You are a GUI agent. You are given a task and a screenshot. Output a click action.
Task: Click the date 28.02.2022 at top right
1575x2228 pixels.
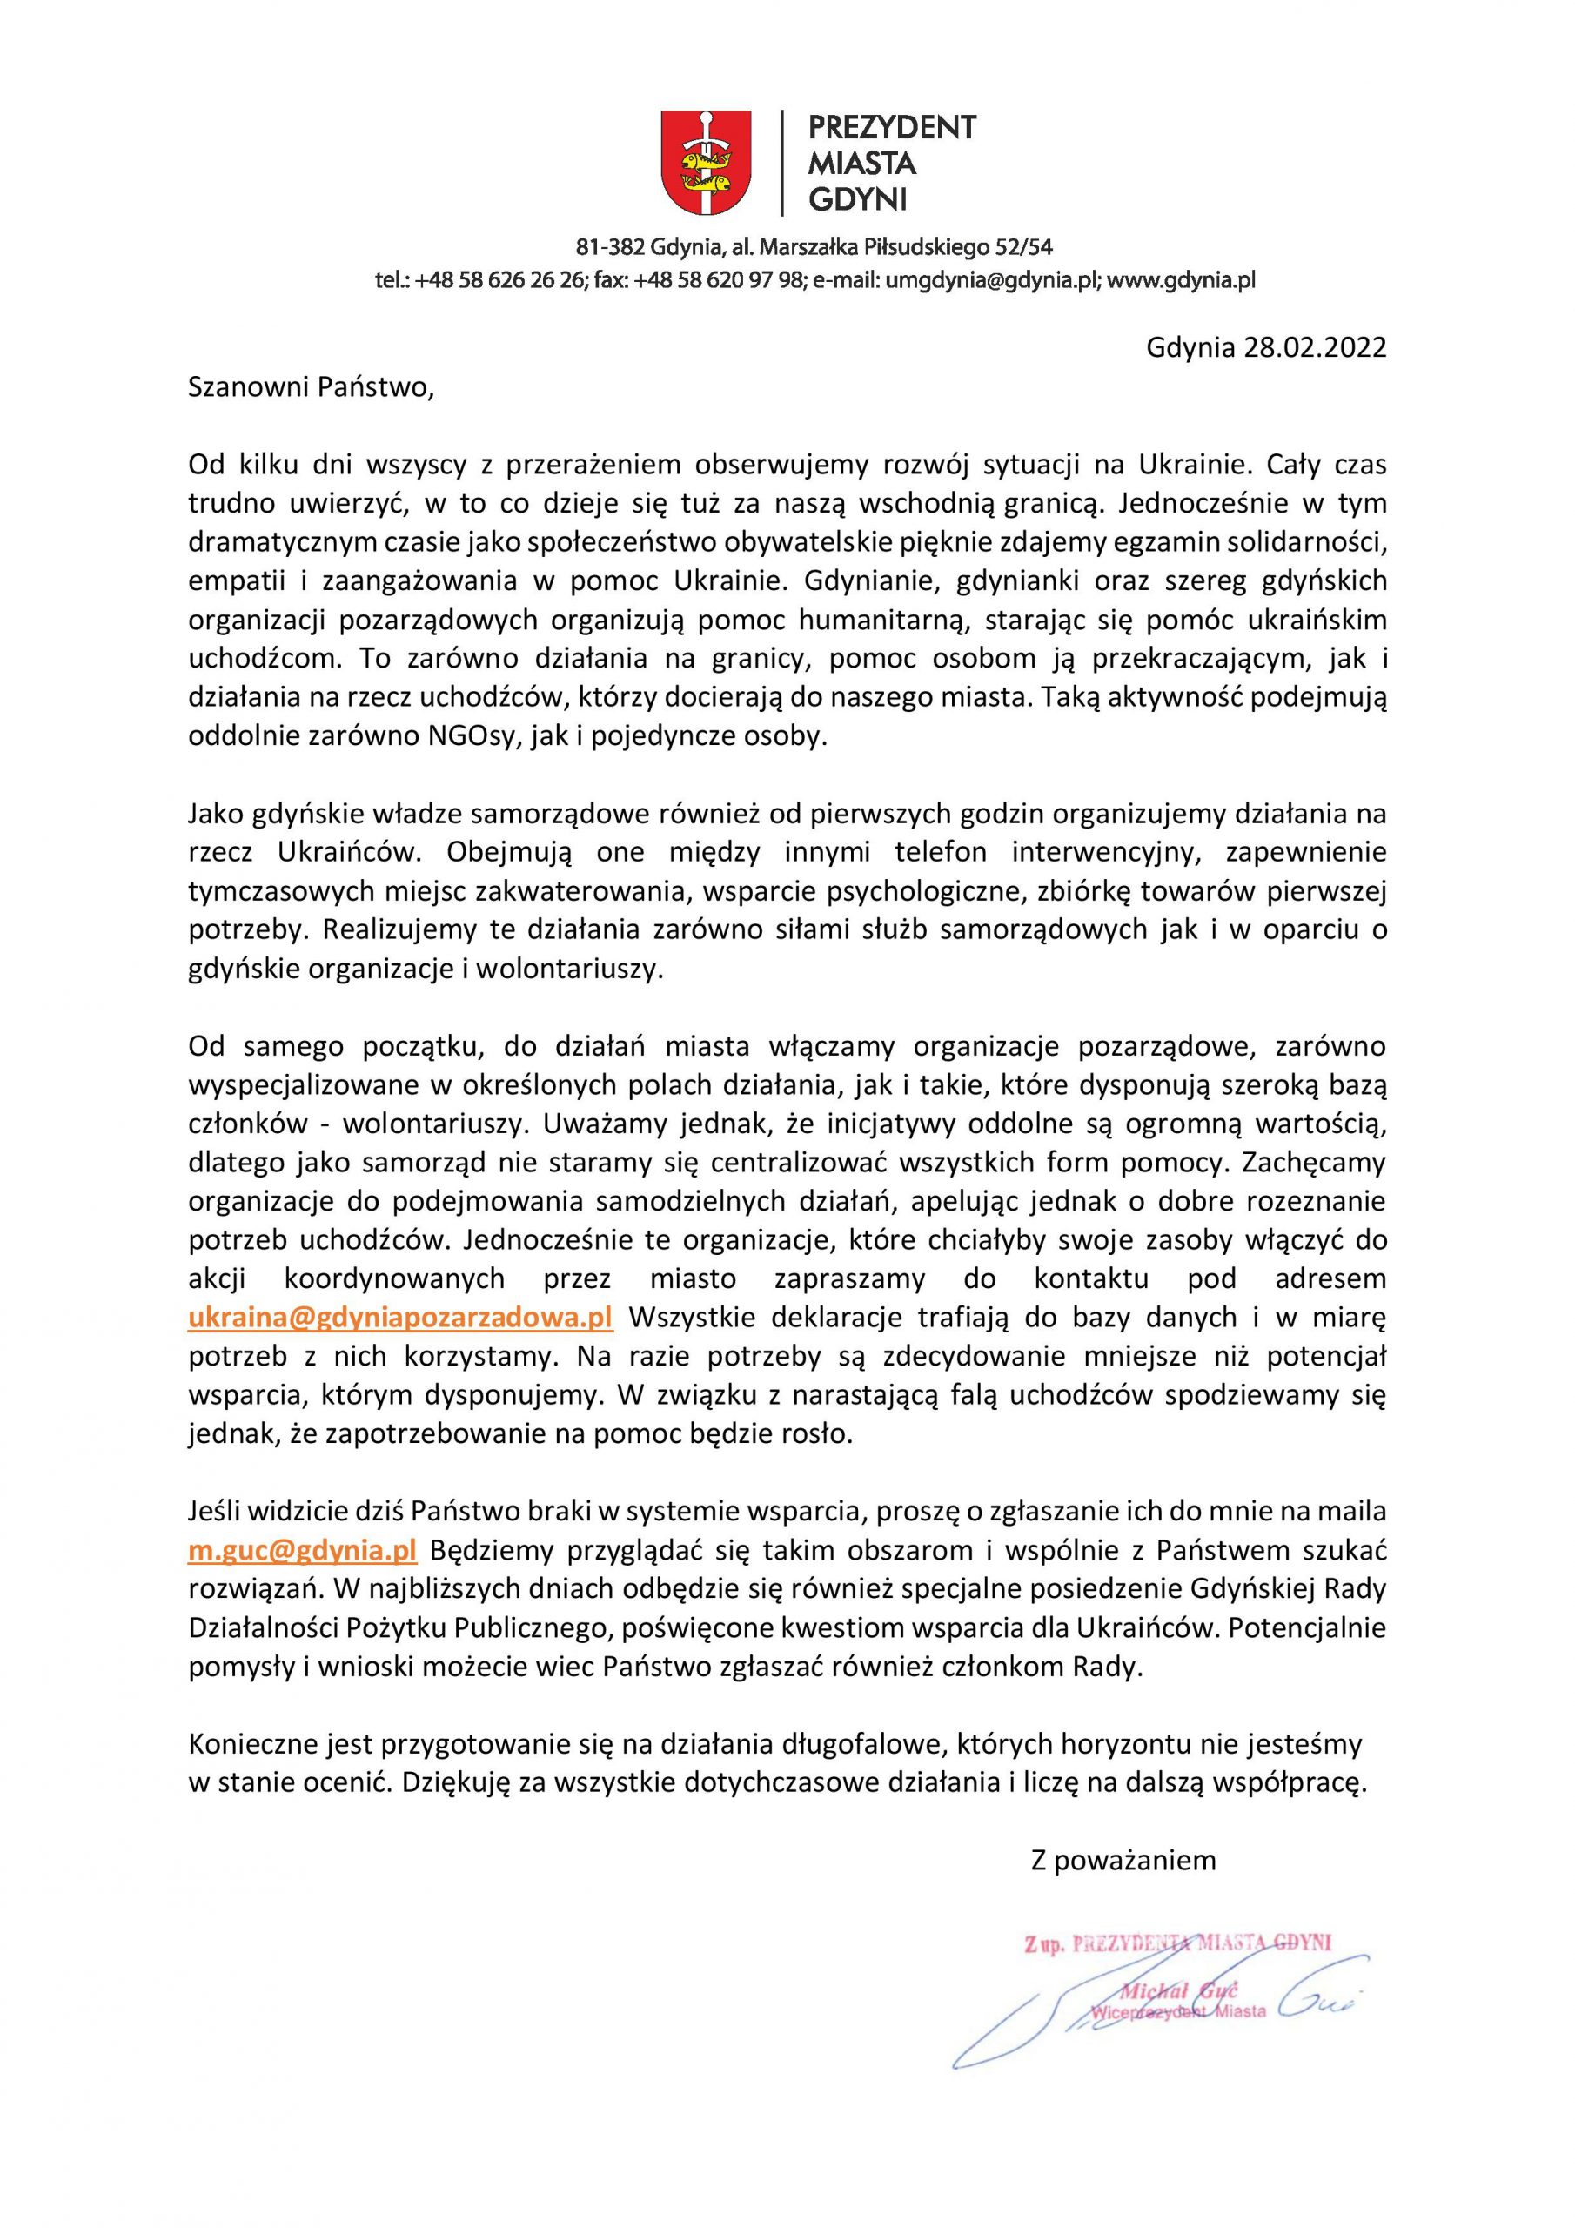1315,348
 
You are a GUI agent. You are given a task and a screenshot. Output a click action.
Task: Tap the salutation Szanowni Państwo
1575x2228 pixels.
309,387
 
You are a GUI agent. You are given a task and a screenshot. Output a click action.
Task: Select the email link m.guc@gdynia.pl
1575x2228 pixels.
302,1550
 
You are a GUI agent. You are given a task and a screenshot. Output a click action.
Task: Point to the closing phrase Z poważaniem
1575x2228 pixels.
1123,1860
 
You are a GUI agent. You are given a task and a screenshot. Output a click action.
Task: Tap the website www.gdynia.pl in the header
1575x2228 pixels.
1181,280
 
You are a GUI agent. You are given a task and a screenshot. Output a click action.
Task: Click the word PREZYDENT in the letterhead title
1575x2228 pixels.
892,127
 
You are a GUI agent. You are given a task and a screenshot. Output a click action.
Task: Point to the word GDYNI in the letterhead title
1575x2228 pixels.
857,200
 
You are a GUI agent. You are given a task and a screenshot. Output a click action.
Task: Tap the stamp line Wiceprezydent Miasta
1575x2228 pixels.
1178,2011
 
